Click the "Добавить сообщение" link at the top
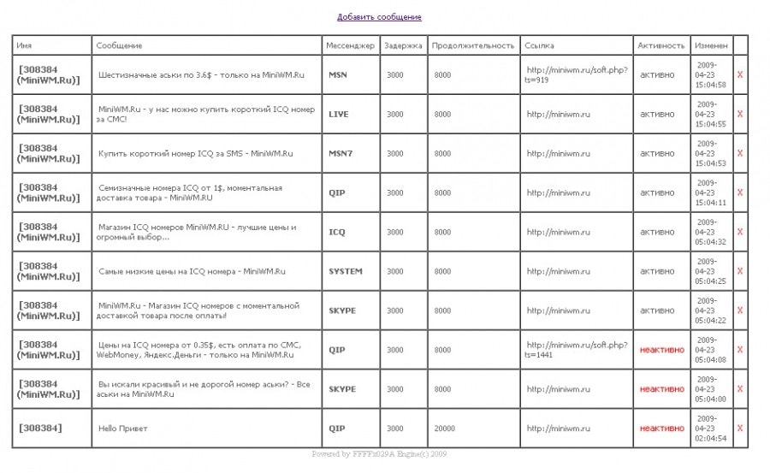(x=379, y=17)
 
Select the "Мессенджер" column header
(x=351, y=45)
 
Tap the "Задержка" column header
(x=403, y=45)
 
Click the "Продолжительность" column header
(x=473, y=45)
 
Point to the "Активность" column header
(x=661, y=45)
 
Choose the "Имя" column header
(x=24, y=45)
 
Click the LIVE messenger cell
(x=339, y=114)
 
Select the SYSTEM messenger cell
(x=346, y=271)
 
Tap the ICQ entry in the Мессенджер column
(x=337, y=232)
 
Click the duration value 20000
(x=445, y=429)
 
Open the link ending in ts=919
(x=577, y=74)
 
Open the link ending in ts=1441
(x=577, y=350)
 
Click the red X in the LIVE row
(x=740, y=114)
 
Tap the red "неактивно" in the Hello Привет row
(x=661, y=429)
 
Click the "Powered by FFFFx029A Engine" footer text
(x=379, y=454)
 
